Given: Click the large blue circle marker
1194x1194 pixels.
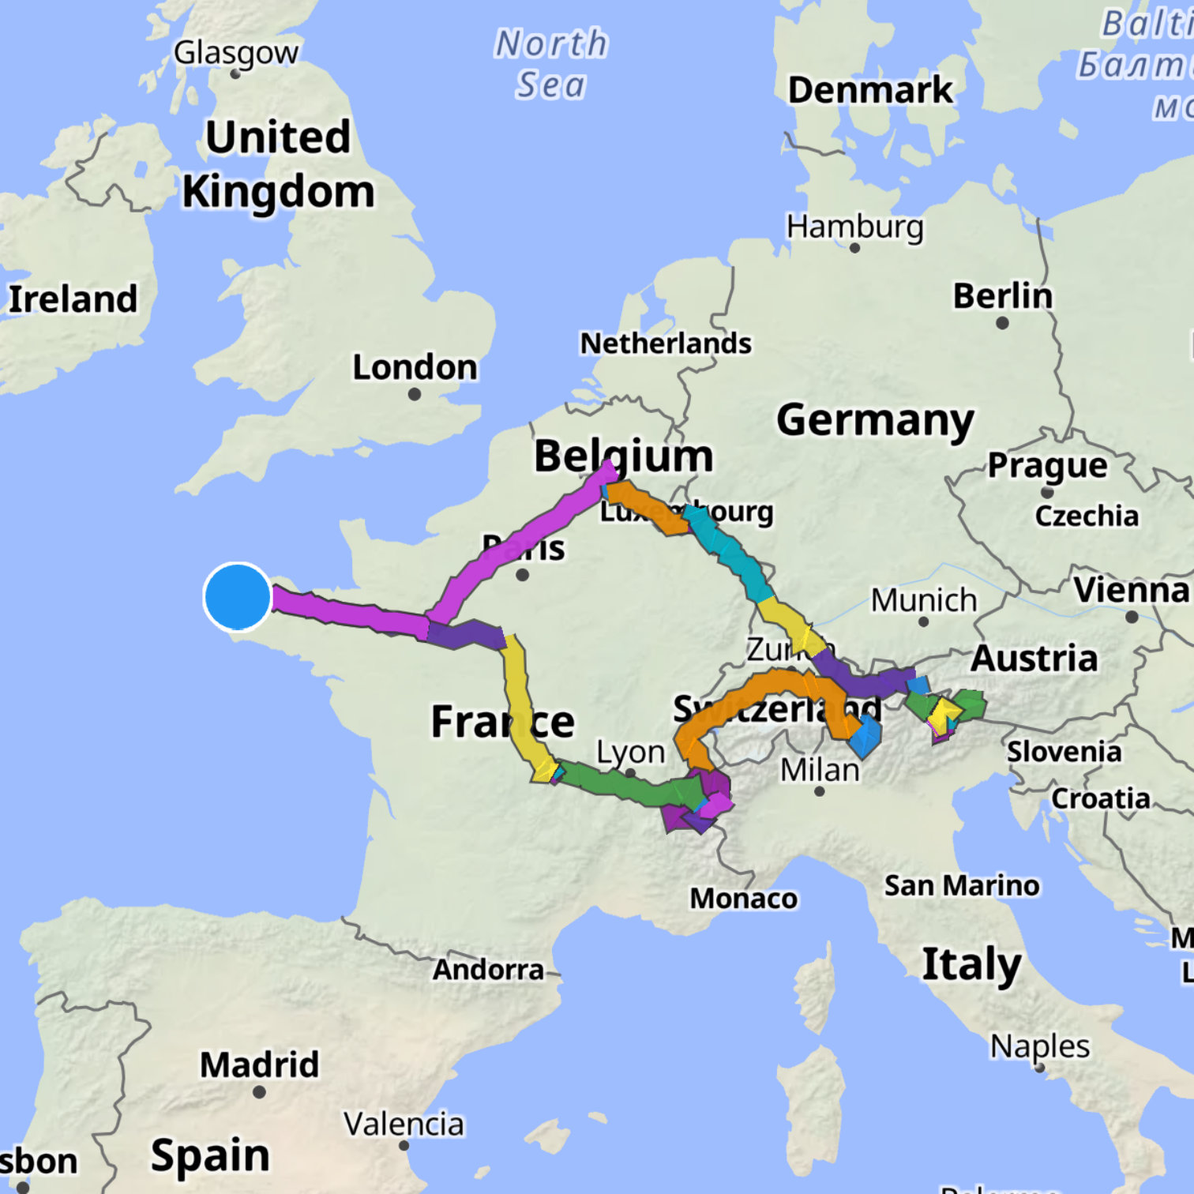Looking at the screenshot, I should (x=237, y=597).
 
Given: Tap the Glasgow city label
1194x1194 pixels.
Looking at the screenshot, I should (x=236, y=53).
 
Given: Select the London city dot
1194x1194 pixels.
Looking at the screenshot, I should (x=415, y=394).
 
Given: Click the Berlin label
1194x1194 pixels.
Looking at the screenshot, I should (x=1002, y=296).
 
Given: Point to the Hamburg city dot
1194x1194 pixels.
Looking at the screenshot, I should (x=854, y=248).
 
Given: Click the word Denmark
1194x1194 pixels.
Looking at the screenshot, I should (x=870, y=90).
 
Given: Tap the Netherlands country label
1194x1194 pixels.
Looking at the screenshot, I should (x=666, y=344).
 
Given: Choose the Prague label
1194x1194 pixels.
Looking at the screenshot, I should (x=1047, y=466).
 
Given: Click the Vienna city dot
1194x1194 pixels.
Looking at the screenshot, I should (x=1132, y=617).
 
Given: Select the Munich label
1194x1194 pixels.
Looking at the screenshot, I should (x=924, y=600).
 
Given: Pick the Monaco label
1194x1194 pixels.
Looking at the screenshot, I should (x=743, y=899).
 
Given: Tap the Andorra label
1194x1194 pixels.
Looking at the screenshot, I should (x=488, y=969).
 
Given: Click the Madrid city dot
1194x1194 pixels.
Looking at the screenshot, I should (x=259, y=1092).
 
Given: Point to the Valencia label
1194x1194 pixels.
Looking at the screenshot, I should (x=404, y=1124).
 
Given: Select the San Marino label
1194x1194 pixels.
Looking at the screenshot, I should (x=961, y=886).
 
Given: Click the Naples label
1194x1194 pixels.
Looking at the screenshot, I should (x=1040, y=1046).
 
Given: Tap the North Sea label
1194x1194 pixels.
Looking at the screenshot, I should (x=551, y=64).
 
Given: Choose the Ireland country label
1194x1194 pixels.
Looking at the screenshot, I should (x=73, y=299).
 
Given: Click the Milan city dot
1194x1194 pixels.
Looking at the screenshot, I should (x=819, y=790).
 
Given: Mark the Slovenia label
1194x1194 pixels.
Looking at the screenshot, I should (x=1064, y=752).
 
